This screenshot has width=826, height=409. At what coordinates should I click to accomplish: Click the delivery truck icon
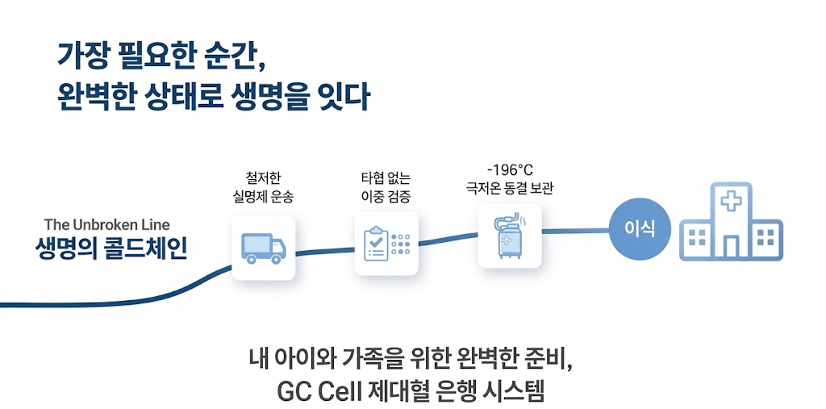click(264, 248)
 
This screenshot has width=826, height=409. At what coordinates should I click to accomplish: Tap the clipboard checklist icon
click(376, 242)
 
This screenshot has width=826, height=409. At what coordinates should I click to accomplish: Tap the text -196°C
click(510, 170)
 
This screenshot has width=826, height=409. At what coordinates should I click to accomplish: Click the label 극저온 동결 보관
click(510, 189)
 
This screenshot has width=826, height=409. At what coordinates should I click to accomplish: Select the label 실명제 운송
click(263, 195)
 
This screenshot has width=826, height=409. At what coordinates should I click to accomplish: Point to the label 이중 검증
click(386, 195)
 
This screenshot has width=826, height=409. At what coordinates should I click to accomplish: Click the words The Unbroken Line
click(106, 224)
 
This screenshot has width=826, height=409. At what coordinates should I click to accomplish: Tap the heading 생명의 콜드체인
click(111, 248)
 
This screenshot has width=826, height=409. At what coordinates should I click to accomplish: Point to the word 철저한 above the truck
click(263, 177)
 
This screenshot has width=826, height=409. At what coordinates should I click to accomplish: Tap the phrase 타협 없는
click(386, 177)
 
